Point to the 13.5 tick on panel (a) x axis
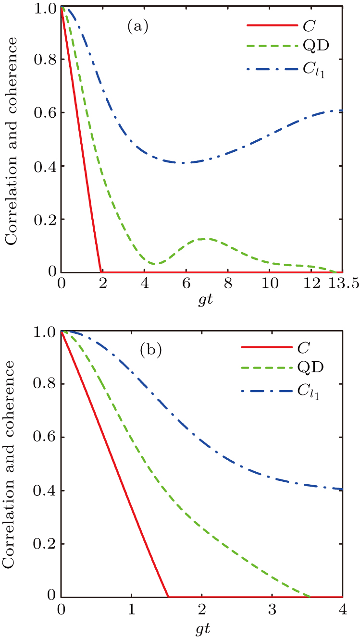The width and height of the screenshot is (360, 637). pyautogui.click(x=344, y=283)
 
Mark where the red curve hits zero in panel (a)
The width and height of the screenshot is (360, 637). pyautogui.click(x=100, y=272)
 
